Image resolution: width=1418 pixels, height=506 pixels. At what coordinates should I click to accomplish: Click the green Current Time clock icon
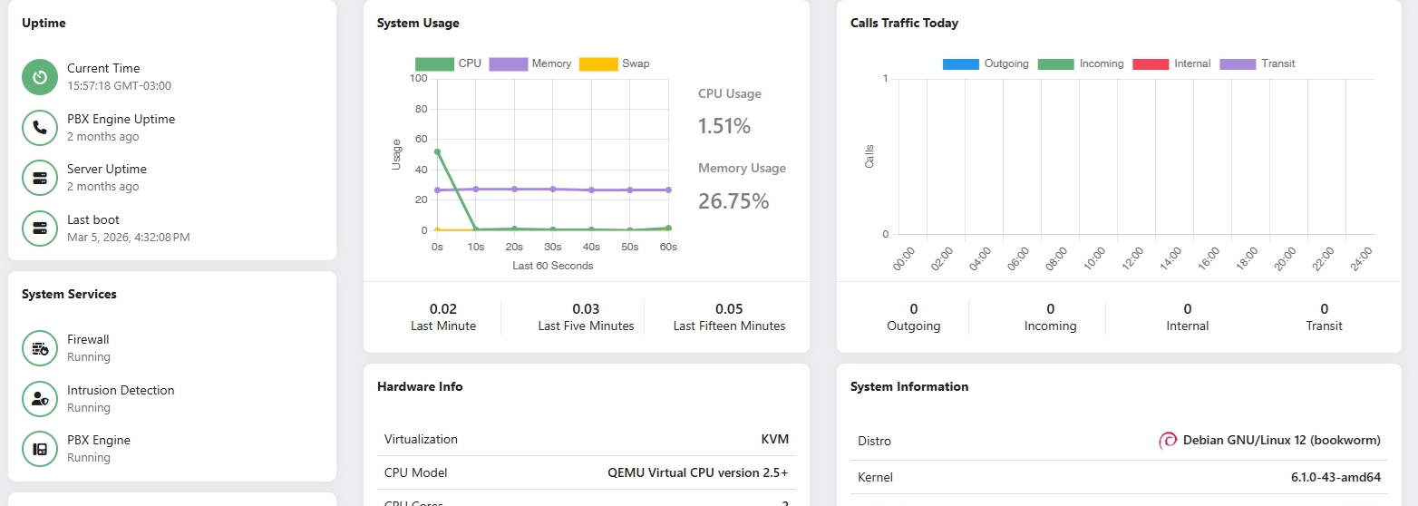(40, 77)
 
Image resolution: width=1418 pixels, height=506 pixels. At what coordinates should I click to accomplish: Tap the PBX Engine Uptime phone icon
(40, 128)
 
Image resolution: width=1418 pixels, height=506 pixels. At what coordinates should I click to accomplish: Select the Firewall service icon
(40, 348)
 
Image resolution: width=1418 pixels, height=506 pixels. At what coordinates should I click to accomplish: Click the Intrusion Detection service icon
(40, 399)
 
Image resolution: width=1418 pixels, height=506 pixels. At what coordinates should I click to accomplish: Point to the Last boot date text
(129, 238)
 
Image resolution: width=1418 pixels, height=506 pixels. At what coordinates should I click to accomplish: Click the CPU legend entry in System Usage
(448, 64)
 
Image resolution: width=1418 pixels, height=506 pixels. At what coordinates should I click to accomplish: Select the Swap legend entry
(615, 64)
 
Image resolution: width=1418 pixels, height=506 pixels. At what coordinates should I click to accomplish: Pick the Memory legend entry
(530, 64)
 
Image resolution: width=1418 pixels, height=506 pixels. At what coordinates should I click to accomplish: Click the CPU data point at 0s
(437, 152)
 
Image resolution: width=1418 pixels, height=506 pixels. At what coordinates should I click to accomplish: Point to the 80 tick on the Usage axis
(421, 109)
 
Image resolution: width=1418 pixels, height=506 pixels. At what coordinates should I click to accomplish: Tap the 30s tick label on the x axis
(553, 247)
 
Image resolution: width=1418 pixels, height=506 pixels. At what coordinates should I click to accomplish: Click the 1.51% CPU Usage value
(724, 126)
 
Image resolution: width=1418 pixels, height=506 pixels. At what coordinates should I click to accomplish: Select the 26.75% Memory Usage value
(733, 201)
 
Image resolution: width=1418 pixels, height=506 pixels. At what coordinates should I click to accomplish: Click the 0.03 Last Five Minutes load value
(586, 309)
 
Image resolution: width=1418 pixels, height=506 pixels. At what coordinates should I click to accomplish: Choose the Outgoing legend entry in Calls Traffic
(986, 64)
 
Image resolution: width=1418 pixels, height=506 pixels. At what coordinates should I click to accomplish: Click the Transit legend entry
(1258, 64)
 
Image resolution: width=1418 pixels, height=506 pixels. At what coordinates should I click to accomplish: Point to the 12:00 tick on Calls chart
(1131, 258)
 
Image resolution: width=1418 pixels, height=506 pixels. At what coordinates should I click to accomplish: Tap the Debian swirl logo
(1168, 441)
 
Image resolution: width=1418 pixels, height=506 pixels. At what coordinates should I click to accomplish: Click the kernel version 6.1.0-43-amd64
(1335, 478)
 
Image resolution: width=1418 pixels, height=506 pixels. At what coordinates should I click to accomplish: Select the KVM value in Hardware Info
(775, 440)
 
